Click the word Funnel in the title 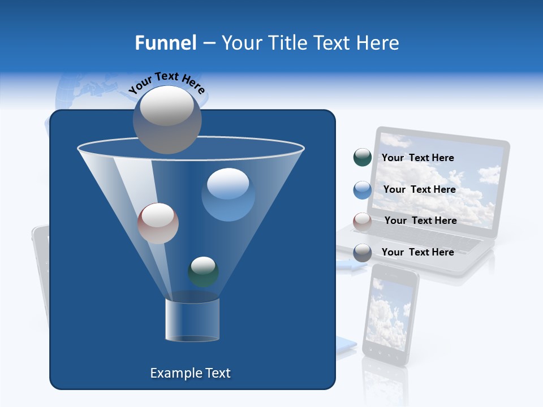[165, 43]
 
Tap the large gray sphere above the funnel [167, 119]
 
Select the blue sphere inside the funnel [228, 194]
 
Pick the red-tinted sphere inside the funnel [158, 223]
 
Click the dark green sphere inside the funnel [203, 271]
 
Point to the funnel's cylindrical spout [192, 320]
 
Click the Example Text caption [190, 373]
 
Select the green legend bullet [362, 158]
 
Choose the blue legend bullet [362, 190]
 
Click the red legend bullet [362, 222]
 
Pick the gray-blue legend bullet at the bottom [362, 253]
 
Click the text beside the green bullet [417, 158]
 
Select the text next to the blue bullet [419, 189]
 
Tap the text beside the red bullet [420, 220]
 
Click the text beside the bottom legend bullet [417, 252]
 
